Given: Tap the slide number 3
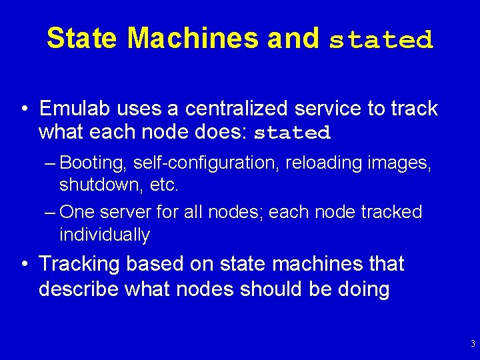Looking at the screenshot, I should (473, 345).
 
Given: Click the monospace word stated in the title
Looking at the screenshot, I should (381, 40).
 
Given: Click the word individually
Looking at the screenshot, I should (105, 234).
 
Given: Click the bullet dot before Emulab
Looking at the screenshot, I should (24, 109).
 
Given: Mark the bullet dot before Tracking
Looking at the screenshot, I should (24, 265).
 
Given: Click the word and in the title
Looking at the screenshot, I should (293, 38).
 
